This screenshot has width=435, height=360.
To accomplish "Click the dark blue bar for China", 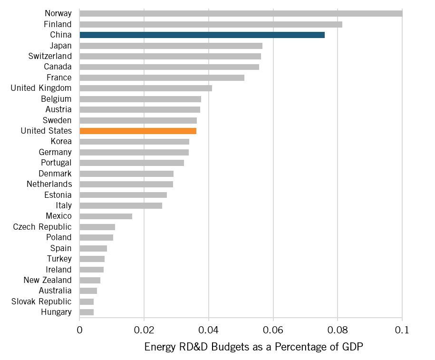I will [x=202, y=35].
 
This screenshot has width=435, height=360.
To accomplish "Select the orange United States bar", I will [x=138, y=131].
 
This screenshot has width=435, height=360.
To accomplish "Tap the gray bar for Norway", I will [x=241, y=13].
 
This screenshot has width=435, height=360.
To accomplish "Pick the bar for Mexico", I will [x=106, y=216].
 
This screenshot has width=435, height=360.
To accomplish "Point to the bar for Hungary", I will [x=87, y=312].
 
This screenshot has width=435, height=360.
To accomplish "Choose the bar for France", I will [x=162, y=78].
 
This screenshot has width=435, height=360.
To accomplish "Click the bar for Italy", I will [x=121, y=205].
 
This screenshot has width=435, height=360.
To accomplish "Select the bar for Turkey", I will [x=92, y=259].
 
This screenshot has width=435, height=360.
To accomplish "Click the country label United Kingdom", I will [x=41, y=88].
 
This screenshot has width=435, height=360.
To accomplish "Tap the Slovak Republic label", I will [x=41, y=302].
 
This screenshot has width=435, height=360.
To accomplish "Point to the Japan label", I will [x=60, y=46].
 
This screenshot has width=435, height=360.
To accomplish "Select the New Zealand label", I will [x=48, y=280].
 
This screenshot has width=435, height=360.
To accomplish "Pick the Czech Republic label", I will [x=42, y=227].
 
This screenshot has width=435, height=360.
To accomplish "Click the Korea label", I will [x=61, y=141].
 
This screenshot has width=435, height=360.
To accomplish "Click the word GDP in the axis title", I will [x=352, y=347].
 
